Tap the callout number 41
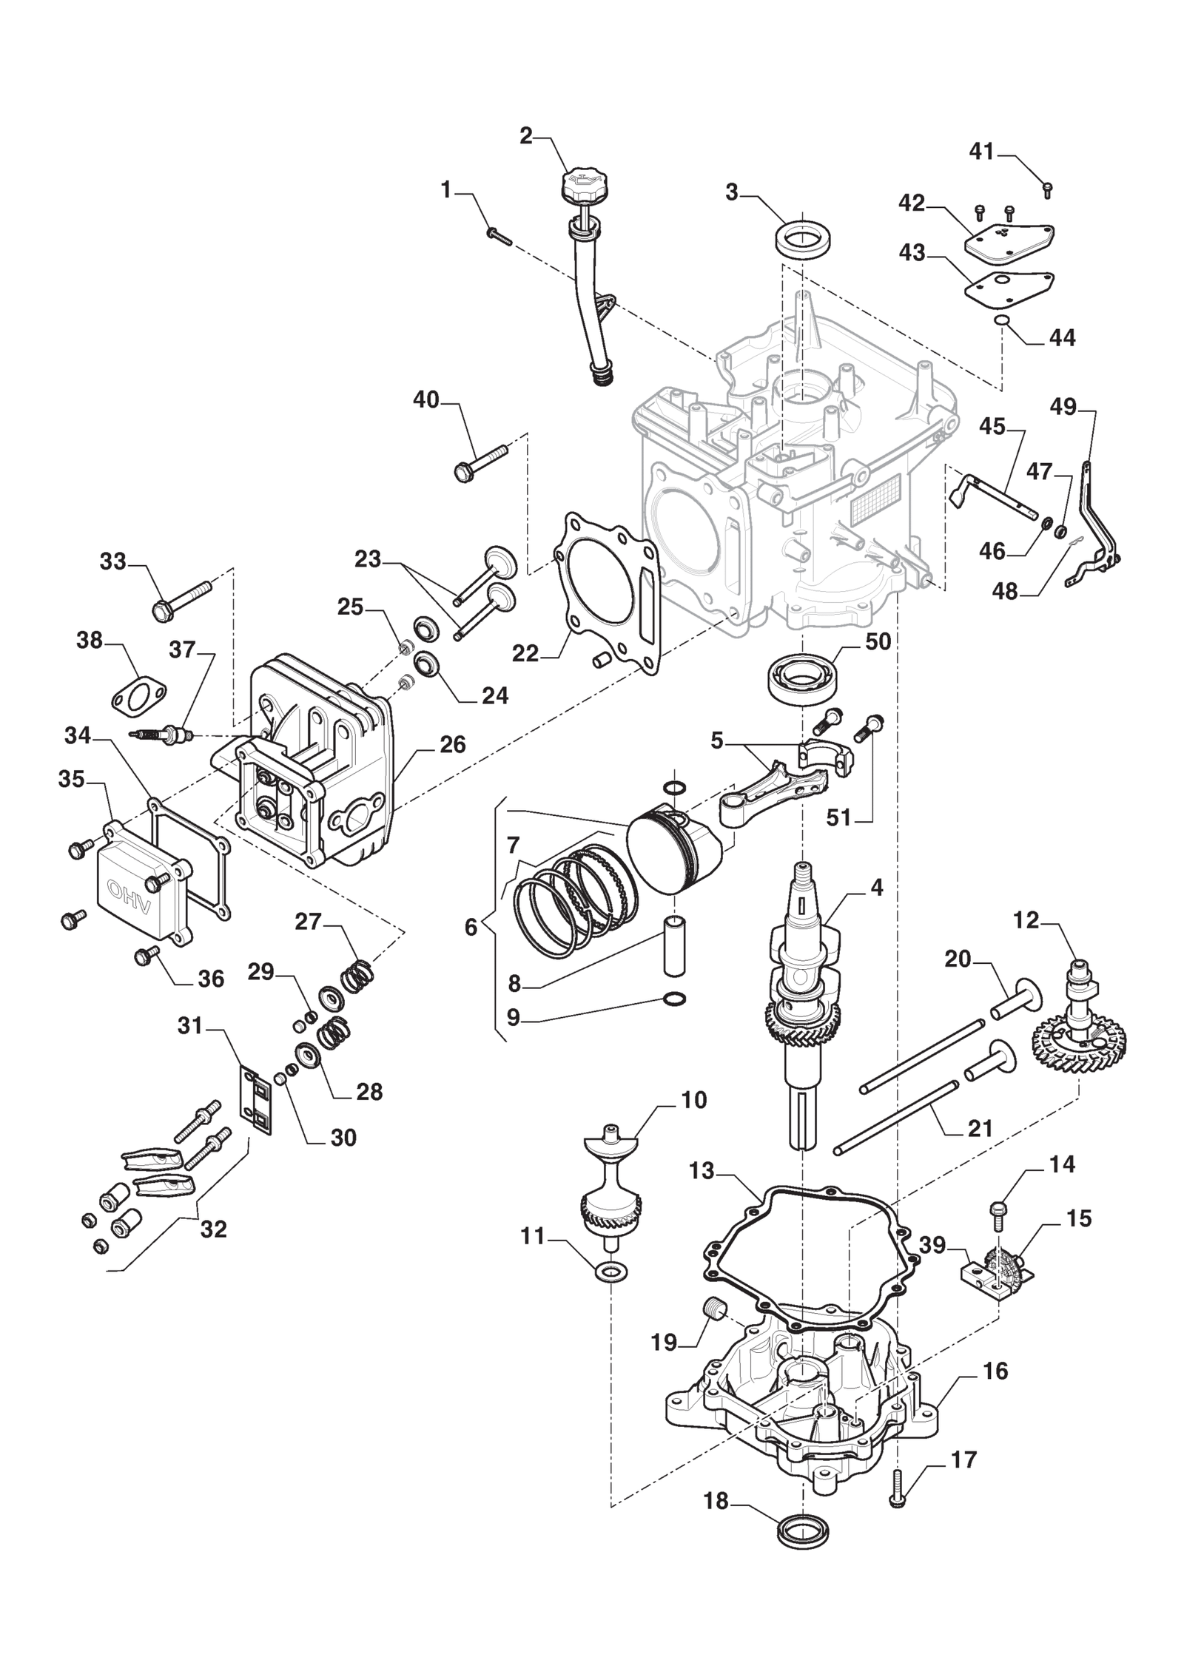[981, 152]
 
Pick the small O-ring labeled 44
[1003, 320]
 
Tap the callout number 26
[452, 744]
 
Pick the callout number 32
[214, 1229]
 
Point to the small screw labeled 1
[499, 234]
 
